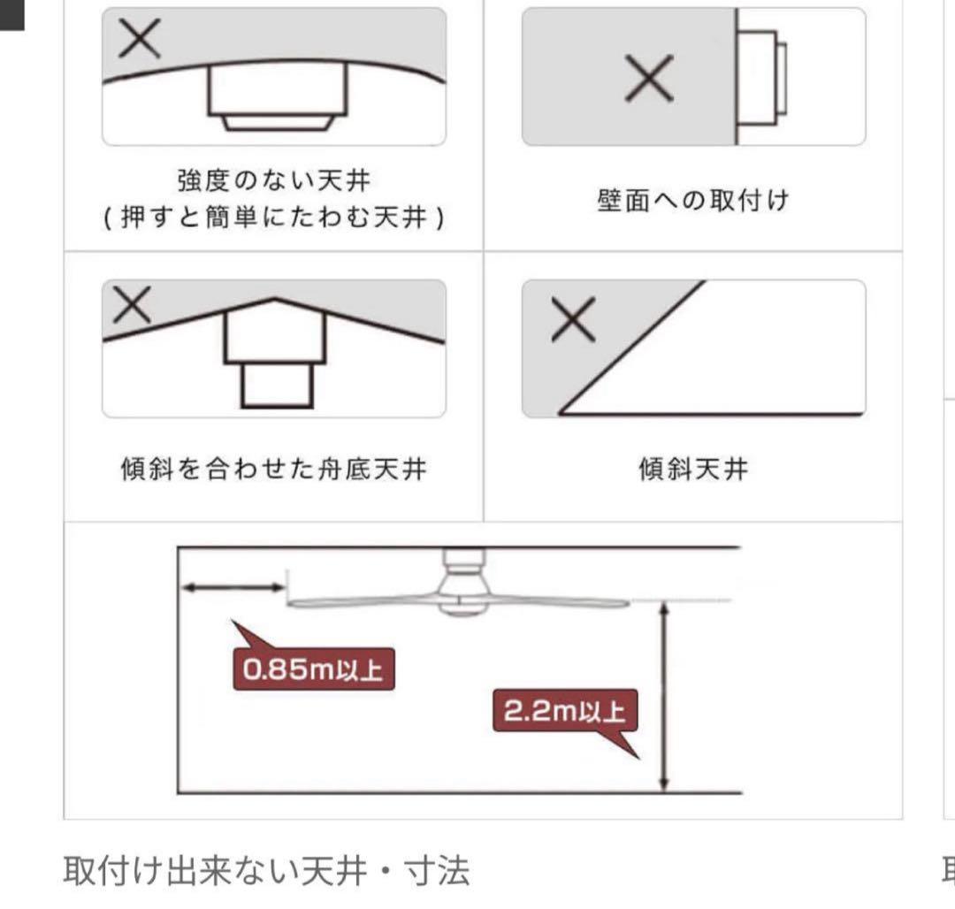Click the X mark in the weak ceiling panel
click(x=140, y=38)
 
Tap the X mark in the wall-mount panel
click(x=649, y=78)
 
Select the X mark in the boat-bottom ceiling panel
click(x=132, y=305)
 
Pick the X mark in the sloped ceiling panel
click(x=573, y=319)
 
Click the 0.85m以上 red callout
click(x=314, y=668)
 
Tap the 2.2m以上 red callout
click(x=565, y=711)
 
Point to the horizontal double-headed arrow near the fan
click(x=233, y=587)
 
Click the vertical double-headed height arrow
click(x=664, y=696)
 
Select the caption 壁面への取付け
click(x=693, y=200)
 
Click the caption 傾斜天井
click(x=693, y=469)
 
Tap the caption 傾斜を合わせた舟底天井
click(x=273, y=469)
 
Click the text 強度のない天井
click(x=273, y=180)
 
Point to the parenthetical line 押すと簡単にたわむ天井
click(x=273, y=217)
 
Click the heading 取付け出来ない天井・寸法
click(x=266, y=871)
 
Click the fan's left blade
click(x=363, y=602)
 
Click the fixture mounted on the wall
click(x=760, y=77)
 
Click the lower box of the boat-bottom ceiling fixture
click(x=277, y=386)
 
